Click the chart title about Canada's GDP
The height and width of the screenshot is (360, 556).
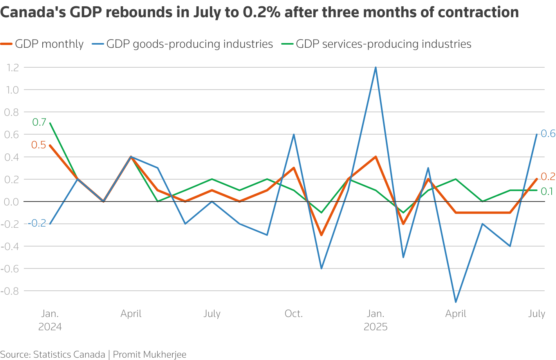pyautogui.click(x=259, y=13)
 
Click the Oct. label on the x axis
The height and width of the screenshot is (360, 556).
pyautogui.click(x=294, y=314)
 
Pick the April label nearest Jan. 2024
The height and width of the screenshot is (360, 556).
pyautogui.click(x=131, y=314)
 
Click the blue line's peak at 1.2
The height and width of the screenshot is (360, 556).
pyautogui.click(x=375, y=67)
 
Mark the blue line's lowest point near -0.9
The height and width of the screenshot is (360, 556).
pyautogui.click(x=455, y=302)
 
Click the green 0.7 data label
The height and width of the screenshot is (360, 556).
pyautogui.click(x=39, y=122)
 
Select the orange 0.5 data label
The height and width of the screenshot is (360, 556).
pyautogui.click(x=38, y=145)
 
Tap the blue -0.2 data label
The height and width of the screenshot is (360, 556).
pyautogui.click(x=38, y=223)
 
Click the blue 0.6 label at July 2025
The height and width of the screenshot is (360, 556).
pyautogui.click(x=548, y=134)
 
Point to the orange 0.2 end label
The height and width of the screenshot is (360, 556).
pyautogui.click(x=548, y=177)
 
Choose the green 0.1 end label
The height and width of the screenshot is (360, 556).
pyautogui.click(x=547, y=191)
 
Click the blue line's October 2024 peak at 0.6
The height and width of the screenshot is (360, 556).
pyautogui.click(x=294, y=134)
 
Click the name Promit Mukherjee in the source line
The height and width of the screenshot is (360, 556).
pyautogui.click(x=150, y=355)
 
